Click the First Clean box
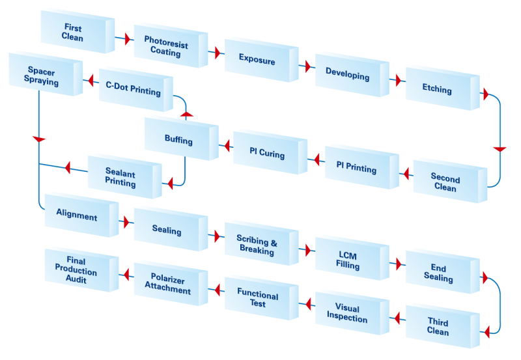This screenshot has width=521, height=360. (x=72, y=33)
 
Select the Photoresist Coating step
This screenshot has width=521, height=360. (x=165, y=46)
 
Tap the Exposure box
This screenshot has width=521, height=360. (x=257, y=61)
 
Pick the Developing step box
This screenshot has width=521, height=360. (x=347, y=76)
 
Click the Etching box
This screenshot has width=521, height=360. (x=437, y=89)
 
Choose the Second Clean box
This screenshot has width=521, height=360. (x=445, y=183)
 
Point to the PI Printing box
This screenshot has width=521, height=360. (x=356, y=168)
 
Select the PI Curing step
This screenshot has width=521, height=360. (x=266, y=154)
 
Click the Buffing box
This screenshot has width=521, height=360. (x=178, y=139)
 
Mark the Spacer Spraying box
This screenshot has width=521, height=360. (x=42, y=77)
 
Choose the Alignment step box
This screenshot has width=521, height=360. (x=77, y=215)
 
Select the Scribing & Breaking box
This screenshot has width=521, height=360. (x=257, y=245)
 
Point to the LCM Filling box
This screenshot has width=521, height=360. (x=347, y=260)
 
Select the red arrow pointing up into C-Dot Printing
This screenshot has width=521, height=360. (x=186, y=115)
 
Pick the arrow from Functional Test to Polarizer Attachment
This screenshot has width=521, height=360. (x=212, y=288)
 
